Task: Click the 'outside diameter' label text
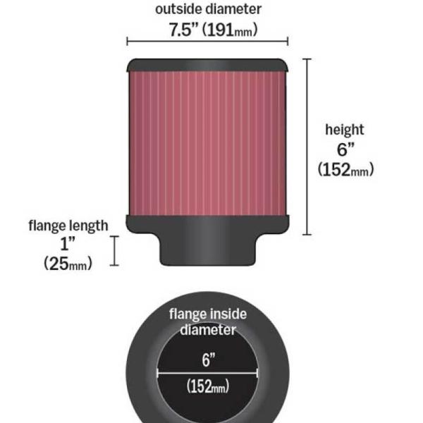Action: [x=207, y=9]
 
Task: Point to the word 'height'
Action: [x=344, y=130]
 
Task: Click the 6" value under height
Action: [x=344, y=149]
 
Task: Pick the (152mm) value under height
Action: [x=344, y=170]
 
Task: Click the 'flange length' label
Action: [x=68, y=226]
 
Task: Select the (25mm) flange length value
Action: [x=68, y=264]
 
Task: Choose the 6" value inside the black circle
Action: [x=207, y=360]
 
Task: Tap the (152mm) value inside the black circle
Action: [x=207, y=386]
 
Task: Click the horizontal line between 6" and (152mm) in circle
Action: [x=207, y=374]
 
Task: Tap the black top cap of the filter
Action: [x=207, y=66]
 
